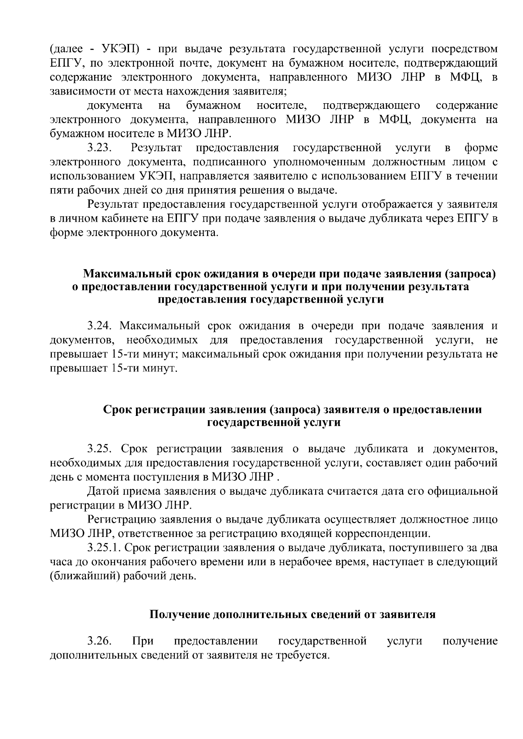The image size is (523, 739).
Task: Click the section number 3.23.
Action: tap(100, 148)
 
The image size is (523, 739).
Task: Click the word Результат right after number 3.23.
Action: tap(156, 148)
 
